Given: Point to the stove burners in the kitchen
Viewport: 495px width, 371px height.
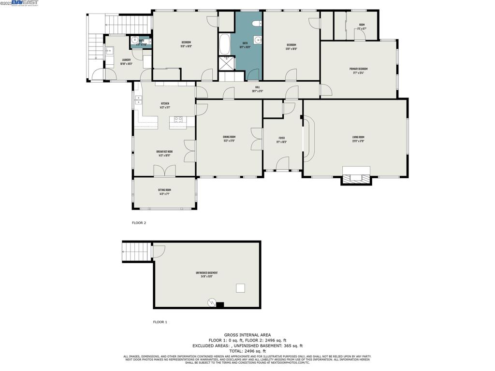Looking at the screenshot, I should tap(178, 119).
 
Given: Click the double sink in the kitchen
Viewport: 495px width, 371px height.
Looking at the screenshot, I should tap(138, 100).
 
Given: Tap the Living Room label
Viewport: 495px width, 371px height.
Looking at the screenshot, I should tap(358, 139).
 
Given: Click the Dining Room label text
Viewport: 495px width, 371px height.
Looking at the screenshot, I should tap(229, 138).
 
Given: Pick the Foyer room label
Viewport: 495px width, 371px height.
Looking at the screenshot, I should tap(281, 140).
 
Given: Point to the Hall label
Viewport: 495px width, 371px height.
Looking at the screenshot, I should tap(257, 89).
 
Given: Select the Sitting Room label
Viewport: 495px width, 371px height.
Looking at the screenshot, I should tap(164, 191).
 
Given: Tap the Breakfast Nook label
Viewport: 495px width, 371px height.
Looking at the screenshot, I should tap(164, 153).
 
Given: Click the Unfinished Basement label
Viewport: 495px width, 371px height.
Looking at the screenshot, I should tap(206, 274).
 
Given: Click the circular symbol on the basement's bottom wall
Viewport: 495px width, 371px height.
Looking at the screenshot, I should tap(211, 303).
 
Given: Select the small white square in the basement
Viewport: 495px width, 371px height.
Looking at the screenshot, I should tap(240, 288).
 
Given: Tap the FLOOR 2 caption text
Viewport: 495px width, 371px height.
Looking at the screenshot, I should tap(139, 223).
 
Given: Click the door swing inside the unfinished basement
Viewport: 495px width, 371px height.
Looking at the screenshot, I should tap(158, 251).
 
